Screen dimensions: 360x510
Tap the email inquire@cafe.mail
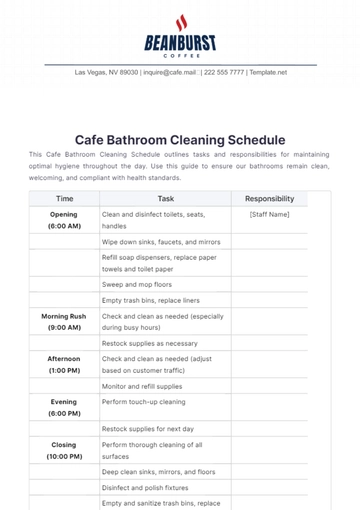(x=170, y=73)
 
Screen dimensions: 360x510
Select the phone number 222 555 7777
(x=225, y=73)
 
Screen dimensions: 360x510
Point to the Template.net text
(x=268, y=73)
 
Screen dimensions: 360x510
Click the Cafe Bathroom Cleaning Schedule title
(x=180, y=141)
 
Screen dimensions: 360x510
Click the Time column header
(x=64, y=199)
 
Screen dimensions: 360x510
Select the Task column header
(x=165, y=199)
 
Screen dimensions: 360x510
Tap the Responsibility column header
(x=269, y=199)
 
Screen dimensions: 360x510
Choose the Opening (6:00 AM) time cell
(x=64, y=220)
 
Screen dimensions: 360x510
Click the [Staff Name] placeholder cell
(x=269, y=214)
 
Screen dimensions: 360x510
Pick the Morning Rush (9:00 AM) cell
(x=64, y=321)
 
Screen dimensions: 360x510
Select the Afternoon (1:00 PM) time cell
(x=64, y=363)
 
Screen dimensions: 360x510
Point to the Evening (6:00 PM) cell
(x=64, y=406)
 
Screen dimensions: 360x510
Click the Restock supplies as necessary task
(x=142, y=342)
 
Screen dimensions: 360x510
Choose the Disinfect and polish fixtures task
(x=147, y=487)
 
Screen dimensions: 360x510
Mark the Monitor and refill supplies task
(x=141, y=385)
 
